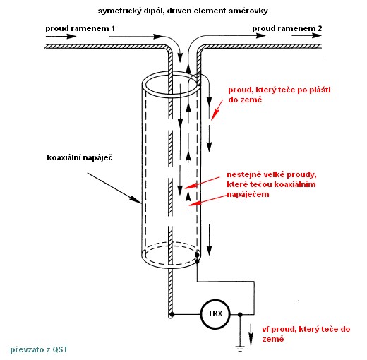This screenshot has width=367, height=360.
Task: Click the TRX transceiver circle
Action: (x=215, y=314)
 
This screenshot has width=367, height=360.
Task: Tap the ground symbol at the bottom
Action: (x=240, y=349)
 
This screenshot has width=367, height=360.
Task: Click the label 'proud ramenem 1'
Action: (x=80, y=28)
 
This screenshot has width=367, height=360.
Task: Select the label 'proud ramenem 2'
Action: (x=287, y=28)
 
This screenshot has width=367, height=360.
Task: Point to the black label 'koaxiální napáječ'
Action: (x=80, y=157)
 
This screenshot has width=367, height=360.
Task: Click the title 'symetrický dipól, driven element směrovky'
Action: (x=183, y=11)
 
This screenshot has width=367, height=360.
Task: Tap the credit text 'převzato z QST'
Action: (x=39, y=349)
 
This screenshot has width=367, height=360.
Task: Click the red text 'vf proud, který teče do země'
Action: (x=306, y=334)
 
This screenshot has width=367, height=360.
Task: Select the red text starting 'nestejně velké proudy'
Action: (x=272, y=184)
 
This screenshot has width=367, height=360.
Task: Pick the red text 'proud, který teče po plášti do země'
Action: (x=279, y=95)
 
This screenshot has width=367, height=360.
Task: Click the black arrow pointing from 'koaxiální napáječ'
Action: (x=114, y=188)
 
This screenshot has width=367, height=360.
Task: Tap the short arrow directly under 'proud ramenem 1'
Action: (x=61, y=36)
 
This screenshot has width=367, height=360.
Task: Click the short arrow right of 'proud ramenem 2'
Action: (x=306, y=35)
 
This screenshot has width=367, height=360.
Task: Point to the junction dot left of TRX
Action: (x=172, y=314)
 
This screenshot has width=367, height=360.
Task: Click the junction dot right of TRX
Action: (x=240, y=314)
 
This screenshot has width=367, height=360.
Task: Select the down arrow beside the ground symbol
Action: (x=251, y=335)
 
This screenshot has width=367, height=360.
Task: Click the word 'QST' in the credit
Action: (x=60, y=349)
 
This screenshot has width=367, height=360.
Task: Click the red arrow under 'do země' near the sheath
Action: (x=217, y=110)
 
